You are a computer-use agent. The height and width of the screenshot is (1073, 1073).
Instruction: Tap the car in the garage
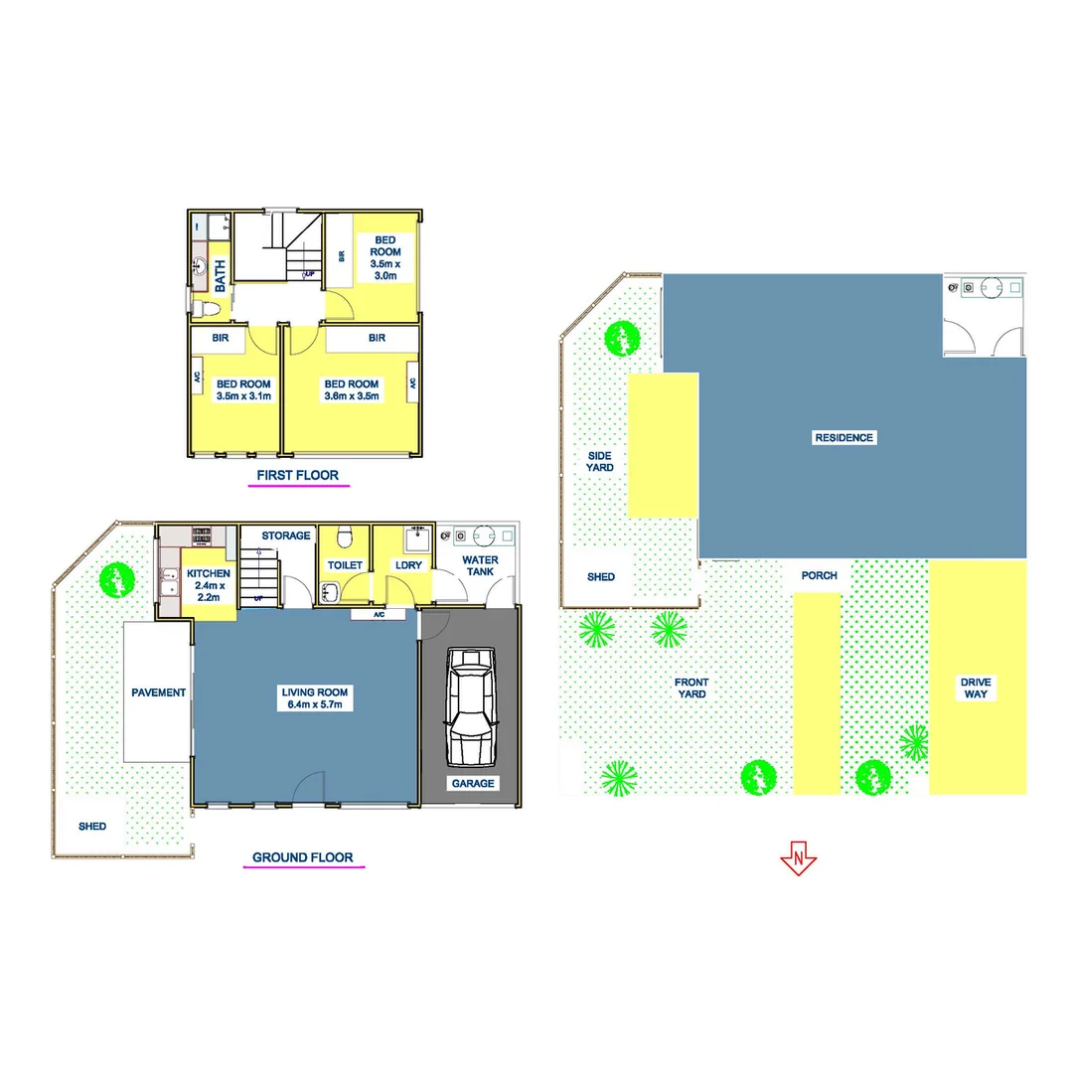coord(470,706)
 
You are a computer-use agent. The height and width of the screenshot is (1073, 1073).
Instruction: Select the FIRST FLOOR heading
coord(297,476)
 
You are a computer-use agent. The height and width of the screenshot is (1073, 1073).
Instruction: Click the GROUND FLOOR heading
coord(302,857)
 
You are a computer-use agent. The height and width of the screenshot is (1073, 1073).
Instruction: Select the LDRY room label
coord(408,565)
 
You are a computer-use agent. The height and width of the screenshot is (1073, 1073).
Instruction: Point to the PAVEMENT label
coord(158,692)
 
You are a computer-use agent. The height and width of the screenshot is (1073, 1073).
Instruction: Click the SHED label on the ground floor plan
coord(92,827)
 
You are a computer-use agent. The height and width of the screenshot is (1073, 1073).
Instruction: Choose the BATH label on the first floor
coord(220,270)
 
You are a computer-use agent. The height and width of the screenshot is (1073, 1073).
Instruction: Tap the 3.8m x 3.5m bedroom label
coord(352,390)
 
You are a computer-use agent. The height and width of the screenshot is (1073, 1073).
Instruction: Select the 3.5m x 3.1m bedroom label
coord(243,390)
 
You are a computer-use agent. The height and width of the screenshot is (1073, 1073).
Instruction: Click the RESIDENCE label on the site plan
coord(843,437)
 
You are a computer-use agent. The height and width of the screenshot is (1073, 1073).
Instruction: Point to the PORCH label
coord(819,575)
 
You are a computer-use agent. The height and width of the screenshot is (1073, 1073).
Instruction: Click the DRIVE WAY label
coord(976,688)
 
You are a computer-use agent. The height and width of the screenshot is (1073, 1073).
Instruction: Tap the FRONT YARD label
coord(691,688)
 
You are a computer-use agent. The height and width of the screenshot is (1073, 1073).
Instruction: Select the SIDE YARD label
coord(599,461)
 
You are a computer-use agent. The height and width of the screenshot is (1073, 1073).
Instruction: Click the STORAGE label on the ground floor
coord(286,536)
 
